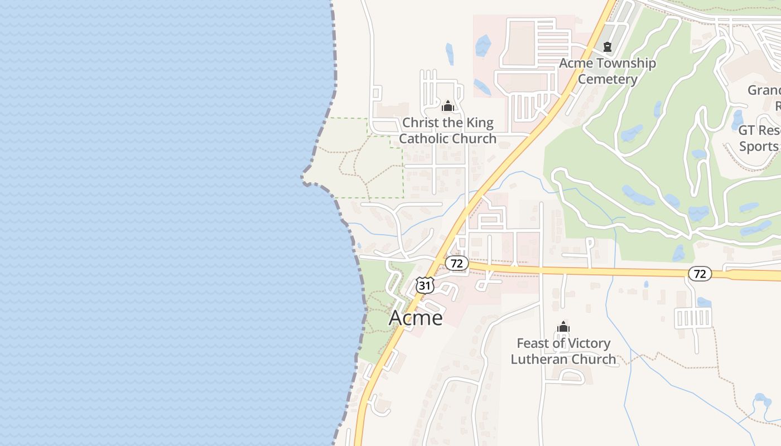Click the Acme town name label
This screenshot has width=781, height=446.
click(416, 318)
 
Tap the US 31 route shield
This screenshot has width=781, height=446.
click(425, 285)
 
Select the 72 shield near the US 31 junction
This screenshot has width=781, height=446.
click(457, 263)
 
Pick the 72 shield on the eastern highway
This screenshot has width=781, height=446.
click(700, 274)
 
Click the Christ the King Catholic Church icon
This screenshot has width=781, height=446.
click(447, 106)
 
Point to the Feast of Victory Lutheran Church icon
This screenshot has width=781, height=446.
click(563, 327)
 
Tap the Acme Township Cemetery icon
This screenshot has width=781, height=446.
click(608, 47)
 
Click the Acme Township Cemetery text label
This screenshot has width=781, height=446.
click(608, 71)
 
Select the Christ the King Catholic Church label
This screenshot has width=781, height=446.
click(448, 130)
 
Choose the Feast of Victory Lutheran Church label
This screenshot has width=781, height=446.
click(563, 351)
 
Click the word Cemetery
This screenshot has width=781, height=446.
click(608, 79)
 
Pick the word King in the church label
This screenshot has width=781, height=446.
click(480, 123)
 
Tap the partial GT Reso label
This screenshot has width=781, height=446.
click(759, 130)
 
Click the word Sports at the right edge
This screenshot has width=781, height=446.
click(759, 147)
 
